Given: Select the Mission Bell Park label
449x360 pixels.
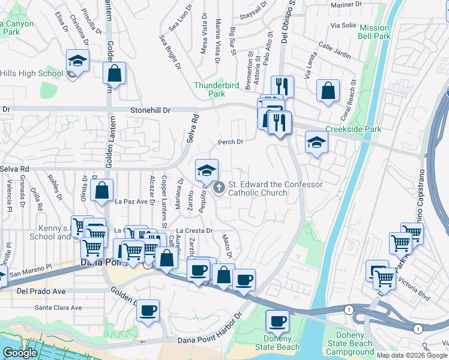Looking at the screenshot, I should coord(375,32).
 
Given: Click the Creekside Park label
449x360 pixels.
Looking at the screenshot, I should coord(354,129).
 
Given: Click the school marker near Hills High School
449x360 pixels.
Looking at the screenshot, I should coord(77,61).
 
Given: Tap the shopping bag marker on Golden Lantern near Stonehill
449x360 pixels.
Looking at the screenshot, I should coord(114,74).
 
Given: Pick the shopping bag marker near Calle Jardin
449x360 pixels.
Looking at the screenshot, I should coord(330,91).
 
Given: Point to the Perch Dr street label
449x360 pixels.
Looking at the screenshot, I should coord(231,142).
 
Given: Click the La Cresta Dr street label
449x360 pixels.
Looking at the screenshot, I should coord(195,230).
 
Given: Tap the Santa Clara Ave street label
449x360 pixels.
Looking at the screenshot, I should coord(58,308).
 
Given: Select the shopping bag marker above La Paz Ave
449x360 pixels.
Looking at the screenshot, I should coord(102,191).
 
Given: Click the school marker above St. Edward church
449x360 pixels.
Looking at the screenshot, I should coord(206,170).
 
